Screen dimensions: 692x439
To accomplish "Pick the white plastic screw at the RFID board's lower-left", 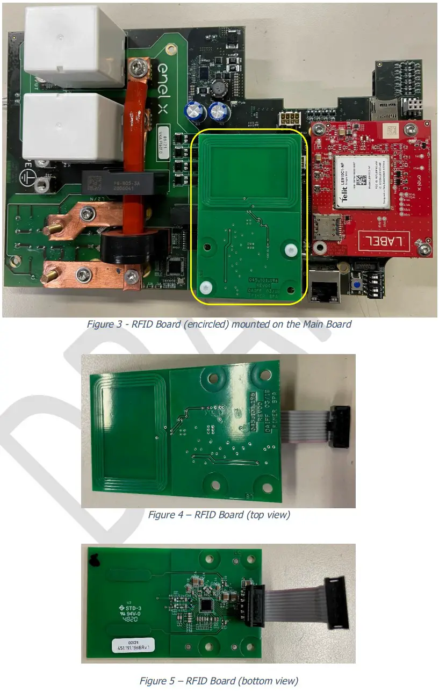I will tap(207, 287).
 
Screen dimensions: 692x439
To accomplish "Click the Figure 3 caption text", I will tap(219, 325).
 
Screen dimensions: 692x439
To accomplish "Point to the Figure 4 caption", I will tap(219, 515).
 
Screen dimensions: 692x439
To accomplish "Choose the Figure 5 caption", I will tap(219, 681).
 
